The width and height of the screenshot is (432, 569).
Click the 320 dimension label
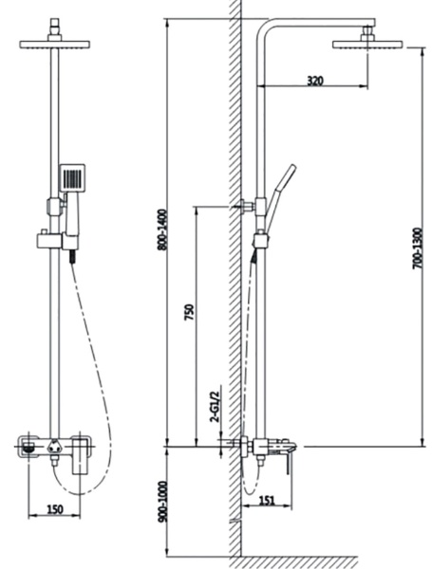(x=314, y=81)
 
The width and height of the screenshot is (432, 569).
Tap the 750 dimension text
(x=190, y=312)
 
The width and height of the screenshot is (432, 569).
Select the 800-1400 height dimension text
(x=162, y=229)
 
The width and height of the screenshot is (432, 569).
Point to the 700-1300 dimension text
(x=418, y=248)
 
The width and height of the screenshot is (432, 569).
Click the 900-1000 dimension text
(x=163, y=502)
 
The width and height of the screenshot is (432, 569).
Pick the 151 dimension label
(x=267, y=501)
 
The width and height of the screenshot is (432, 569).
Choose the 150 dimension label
(x=54, y=509)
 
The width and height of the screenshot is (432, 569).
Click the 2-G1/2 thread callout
(x=216, y=407)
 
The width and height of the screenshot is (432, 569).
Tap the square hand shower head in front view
(x=73, y=177)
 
